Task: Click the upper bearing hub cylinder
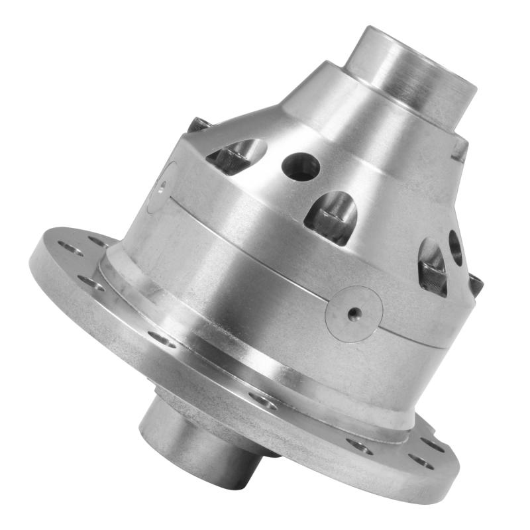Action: (411, 73)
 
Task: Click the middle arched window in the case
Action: (331, 216)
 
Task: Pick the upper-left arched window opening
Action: (237, 156)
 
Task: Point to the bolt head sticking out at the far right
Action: (476, 285)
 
